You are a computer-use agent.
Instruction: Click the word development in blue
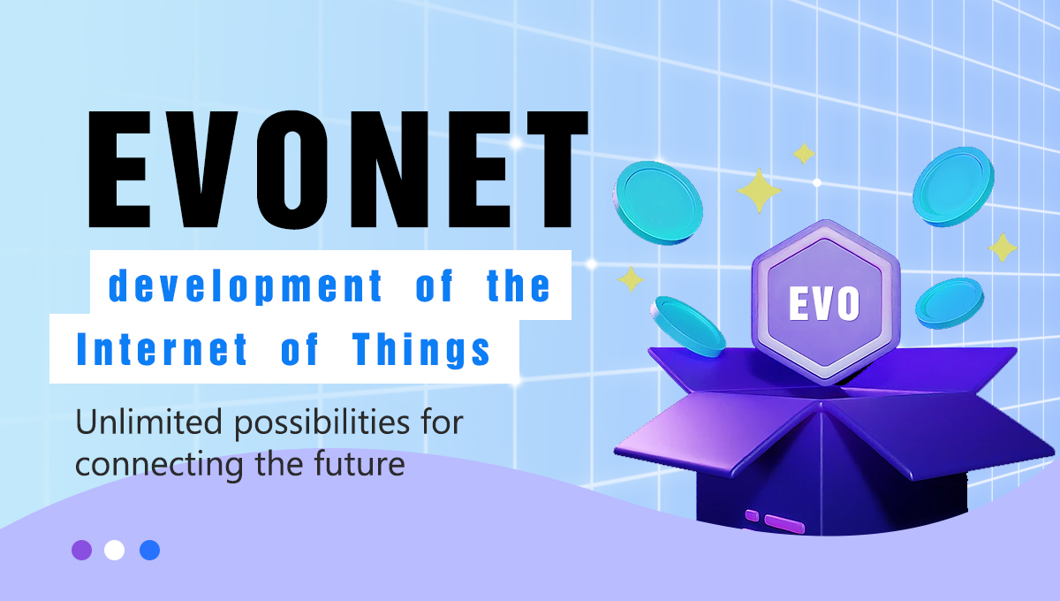tap(246, 288)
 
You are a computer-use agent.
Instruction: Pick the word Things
tap(421, 350)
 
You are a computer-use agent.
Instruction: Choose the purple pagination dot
tap(81, 550)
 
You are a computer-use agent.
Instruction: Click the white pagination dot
tap(114, 550)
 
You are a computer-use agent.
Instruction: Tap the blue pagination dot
tap(149, 550)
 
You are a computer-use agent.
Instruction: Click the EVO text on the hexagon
tap(824, 304)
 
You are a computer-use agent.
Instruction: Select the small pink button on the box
tap(752, 514)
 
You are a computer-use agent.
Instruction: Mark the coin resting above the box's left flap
tap(688, 325)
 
